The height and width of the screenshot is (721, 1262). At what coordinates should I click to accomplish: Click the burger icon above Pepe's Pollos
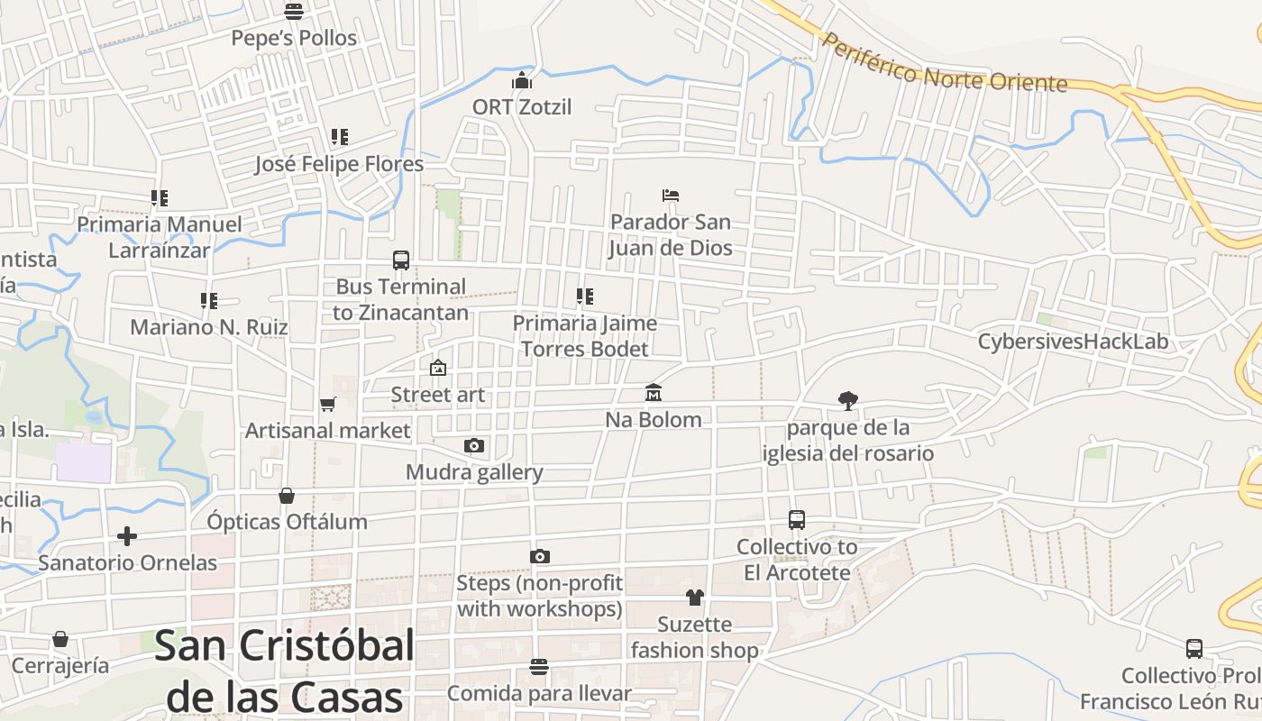click(x=293, y=12)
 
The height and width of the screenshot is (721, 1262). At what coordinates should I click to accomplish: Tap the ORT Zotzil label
click(x=522, y=106)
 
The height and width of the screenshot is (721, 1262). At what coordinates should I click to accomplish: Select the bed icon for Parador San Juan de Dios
click(x=670, y=195)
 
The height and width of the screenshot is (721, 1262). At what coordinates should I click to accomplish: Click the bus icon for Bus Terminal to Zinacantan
click(x=401, y=260)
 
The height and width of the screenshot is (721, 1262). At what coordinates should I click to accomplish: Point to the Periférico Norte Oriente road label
click(x=945, y=64)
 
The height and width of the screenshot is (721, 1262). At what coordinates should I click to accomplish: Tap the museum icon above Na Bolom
click(x=654, y=393)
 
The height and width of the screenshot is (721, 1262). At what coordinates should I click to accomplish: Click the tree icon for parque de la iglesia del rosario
click(x=847, y=400)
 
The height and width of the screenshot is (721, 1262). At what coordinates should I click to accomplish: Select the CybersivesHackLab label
click(x=1073, y=342)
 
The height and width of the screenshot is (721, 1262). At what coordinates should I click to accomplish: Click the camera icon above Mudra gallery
click(x=473, y=445)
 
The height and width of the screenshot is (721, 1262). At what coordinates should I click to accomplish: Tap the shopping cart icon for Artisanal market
click(x=327, y=405)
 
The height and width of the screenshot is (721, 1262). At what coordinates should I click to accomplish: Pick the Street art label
click(x=437, y=395)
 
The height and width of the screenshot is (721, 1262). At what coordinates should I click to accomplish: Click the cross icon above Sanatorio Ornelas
click(x=127, y=536)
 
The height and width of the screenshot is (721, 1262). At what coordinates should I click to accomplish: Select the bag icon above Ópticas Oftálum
click(x=287, y=496)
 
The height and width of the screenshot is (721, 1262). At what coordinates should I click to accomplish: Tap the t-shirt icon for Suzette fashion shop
click(x=694, y=597)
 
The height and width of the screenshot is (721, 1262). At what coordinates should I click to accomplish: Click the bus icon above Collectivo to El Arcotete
click(x=796, y=520)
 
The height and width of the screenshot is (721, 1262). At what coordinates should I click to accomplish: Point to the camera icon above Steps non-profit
click(x=539, y=556)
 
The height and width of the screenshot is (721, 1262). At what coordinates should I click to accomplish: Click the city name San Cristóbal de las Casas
click(x=285, y=671)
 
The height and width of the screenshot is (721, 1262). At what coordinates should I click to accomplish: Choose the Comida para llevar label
click(x=539, y=693)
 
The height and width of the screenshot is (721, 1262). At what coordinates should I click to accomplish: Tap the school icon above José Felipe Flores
click(x=339, y=137)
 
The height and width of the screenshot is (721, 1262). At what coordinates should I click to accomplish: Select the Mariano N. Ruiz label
click(x=209, y=326)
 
